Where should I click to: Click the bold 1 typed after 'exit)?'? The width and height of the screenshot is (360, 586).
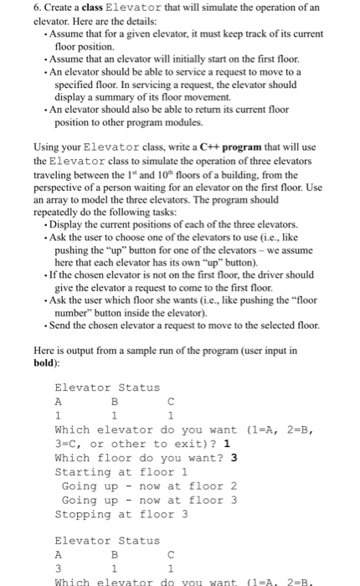coord(227,444)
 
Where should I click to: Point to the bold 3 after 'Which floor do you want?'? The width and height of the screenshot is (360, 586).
coord(234,458)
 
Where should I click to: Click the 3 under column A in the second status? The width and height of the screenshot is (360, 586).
coord(58,568)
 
